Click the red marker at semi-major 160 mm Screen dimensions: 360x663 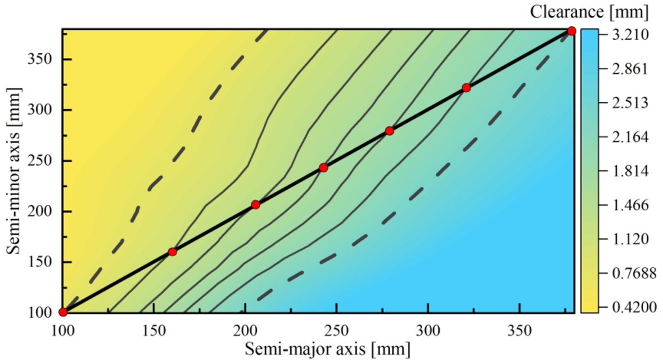coord(172,251)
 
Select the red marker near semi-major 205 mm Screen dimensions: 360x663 coord(255,205)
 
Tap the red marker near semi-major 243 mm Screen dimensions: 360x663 coord(323,168)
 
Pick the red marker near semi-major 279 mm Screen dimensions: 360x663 coord(389,131)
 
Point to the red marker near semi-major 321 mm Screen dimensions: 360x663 coord(466,88)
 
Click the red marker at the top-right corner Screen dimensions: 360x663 coord(571,31)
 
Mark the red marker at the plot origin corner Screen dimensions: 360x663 coord(63,312)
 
